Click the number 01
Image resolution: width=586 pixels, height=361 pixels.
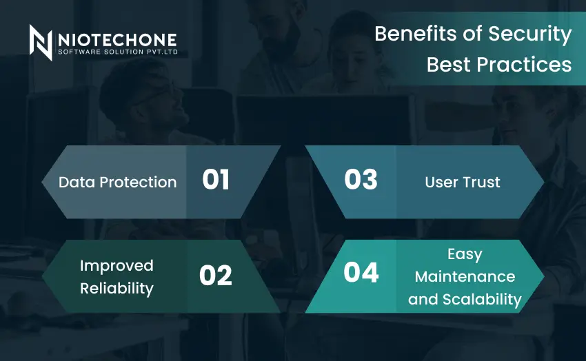216,180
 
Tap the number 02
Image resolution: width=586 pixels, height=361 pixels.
216,276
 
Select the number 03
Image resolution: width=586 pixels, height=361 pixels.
361,179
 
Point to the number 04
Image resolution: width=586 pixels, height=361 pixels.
361,272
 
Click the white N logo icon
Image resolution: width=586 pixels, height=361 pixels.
41,42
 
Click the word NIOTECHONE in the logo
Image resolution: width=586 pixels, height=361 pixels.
117,40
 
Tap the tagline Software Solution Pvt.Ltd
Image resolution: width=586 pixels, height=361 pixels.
118,52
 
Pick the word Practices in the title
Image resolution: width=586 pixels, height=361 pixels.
524,65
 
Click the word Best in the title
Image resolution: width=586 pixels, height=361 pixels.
449,65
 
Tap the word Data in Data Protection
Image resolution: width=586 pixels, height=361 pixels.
77,182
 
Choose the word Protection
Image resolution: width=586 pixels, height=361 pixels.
139,182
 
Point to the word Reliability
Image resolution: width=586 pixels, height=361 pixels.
117,289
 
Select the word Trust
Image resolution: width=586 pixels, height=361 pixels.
481,182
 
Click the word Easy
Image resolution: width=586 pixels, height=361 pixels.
465,255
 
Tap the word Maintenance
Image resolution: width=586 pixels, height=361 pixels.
465,277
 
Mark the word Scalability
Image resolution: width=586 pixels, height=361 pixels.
482,300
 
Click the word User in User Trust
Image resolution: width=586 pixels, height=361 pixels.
441,182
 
